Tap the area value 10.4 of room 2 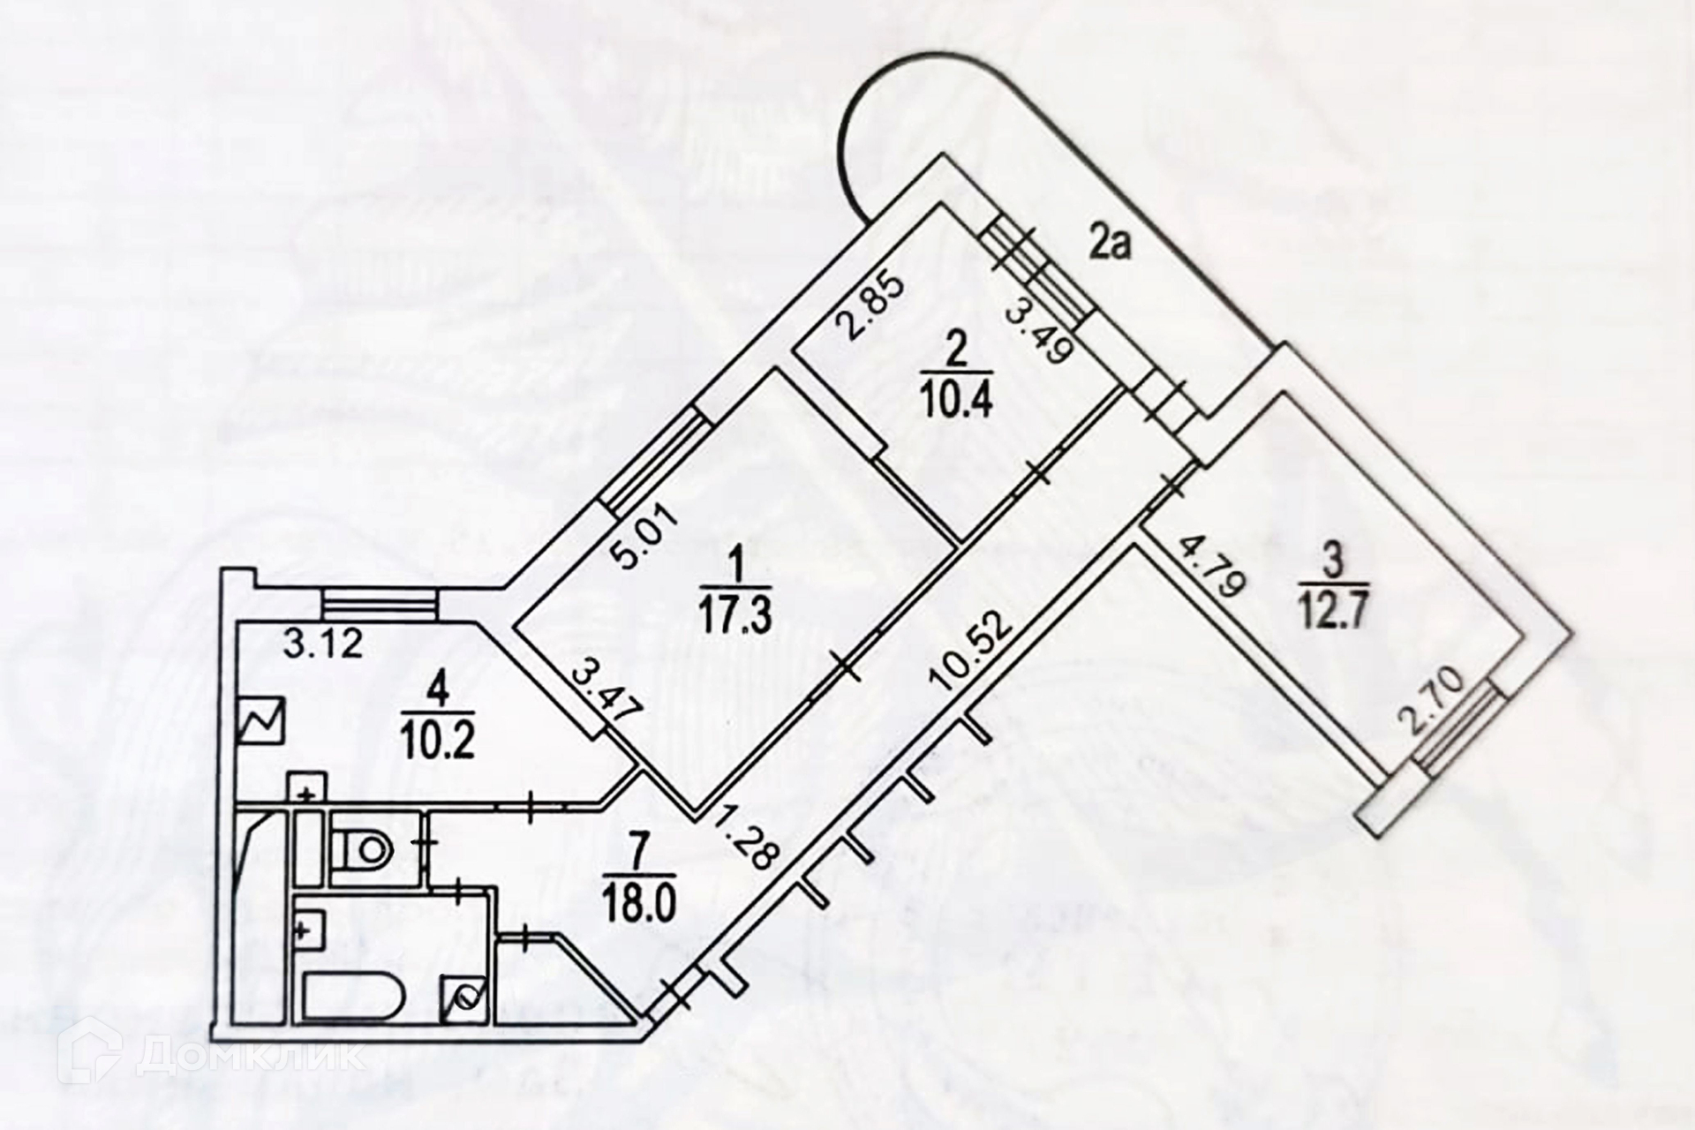point(958,403)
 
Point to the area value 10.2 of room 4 point(438,742)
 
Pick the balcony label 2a point(1110,244)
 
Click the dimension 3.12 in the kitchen point(323,644)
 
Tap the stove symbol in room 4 point(262,722)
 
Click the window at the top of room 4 point(379,606)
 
